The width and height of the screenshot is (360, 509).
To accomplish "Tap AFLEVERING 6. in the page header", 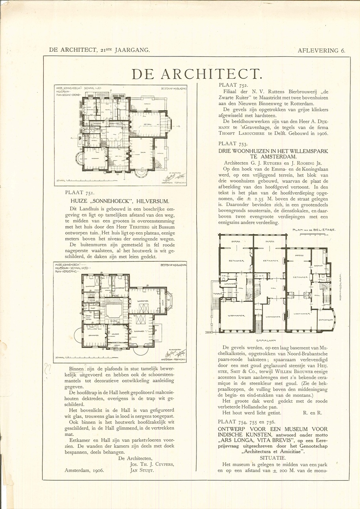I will [x=321, y=51].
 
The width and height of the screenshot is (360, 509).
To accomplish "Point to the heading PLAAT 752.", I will [x=233, y=85].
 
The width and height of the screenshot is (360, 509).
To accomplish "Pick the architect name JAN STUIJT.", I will [x=142, y=470].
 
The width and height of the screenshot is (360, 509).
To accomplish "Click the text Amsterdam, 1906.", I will [x=84, y=470].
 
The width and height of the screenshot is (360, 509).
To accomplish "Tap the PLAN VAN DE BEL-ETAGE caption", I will [x=314, y=229].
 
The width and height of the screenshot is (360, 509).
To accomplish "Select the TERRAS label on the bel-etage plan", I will [x=217, y=293].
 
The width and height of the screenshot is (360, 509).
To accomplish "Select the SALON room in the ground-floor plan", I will [x=142, y=152].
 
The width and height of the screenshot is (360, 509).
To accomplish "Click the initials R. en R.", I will [x=313, y=413].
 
